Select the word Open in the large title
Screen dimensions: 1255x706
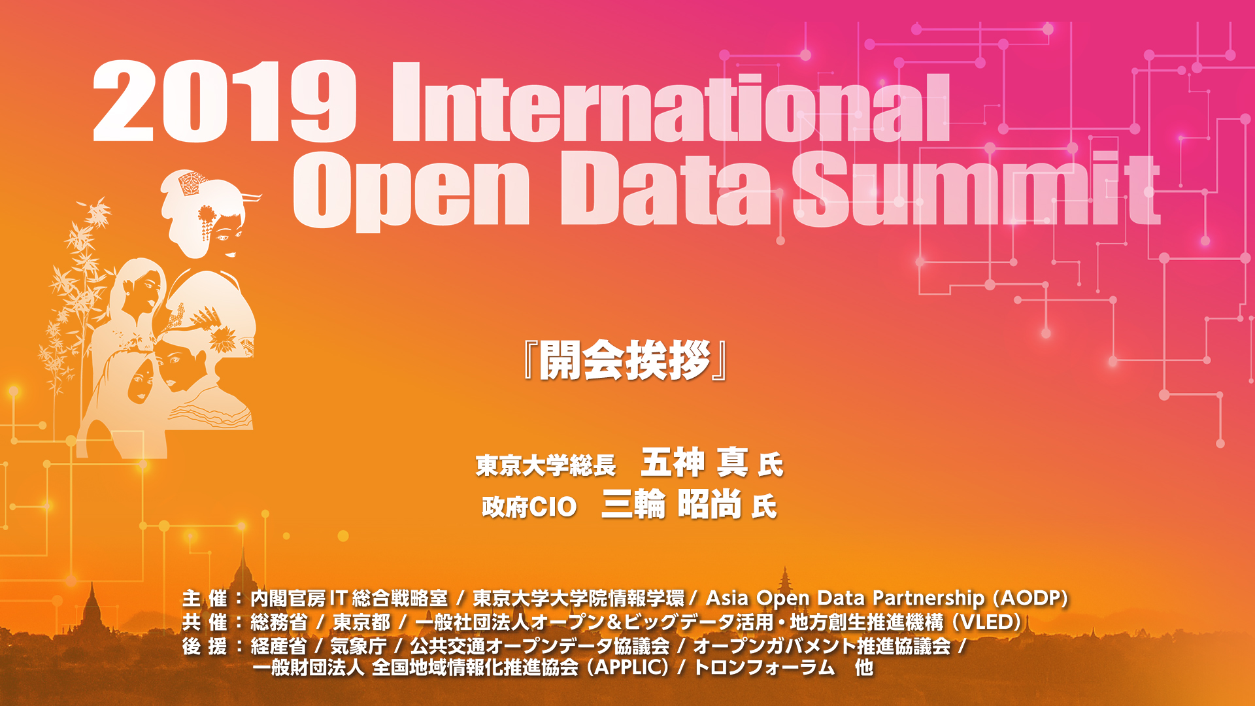(x=411, y=190)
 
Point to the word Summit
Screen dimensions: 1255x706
(x=977, y=188)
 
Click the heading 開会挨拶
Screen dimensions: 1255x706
(x=626, y=360)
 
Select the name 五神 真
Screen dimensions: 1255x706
(x=694, y=462)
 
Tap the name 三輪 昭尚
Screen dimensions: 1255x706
(x=671, y=504)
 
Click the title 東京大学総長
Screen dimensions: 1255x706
(x=546, y=465)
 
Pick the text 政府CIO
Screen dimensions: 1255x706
(x=529, y=507)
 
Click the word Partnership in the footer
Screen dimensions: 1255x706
(x=929, y=598)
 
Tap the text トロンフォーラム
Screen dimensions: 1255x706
(x=764, y=667)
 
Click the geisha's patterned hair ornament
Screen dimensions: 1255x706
(x=192, y=182)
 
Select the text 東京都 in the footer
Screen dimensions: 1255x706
(x=361, y=622)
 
